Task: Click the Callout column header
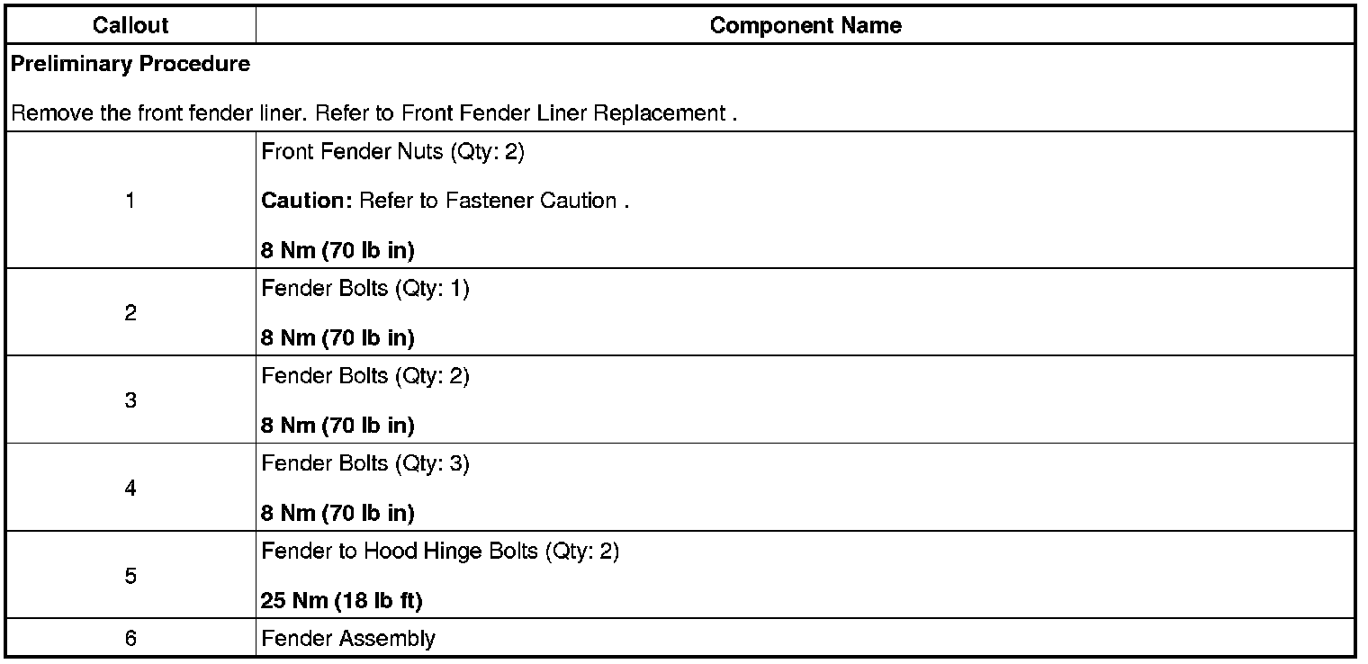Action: (x=130, y=25)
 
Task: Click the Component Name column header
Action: (x=805, y=25)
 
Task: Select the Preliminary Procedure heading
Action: (x=130, y=65)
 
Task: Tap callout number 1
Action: (x=130, y=201)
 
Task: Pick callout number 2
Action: (x=130, y=313)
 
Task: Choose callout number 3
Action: (x=130, y=400)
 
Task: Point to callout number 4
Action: (x=130, y=489)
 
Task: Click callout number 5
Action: (x=130, y=576)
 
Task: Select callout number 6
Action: (x=130, y=639)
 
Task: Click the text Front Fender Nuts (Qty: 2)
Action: (x=392, y=152)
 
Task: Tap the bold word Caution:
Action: (x=306, y=201)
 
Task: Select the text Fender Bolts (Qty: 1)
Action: (x=365, y=291)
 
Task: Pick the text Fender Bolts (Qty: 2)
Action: (x=365, y=377)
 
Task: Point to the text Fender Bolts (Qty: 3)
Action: (x=365, y=465)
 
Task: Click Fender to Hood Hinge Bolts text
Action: (x=440, y=552)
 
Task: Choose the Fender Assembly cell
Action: (x=348, y=639)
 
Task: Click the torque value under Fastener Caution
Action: (x=337, y=249)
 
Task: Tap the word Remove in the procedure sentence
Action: (x=46, y=114)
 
